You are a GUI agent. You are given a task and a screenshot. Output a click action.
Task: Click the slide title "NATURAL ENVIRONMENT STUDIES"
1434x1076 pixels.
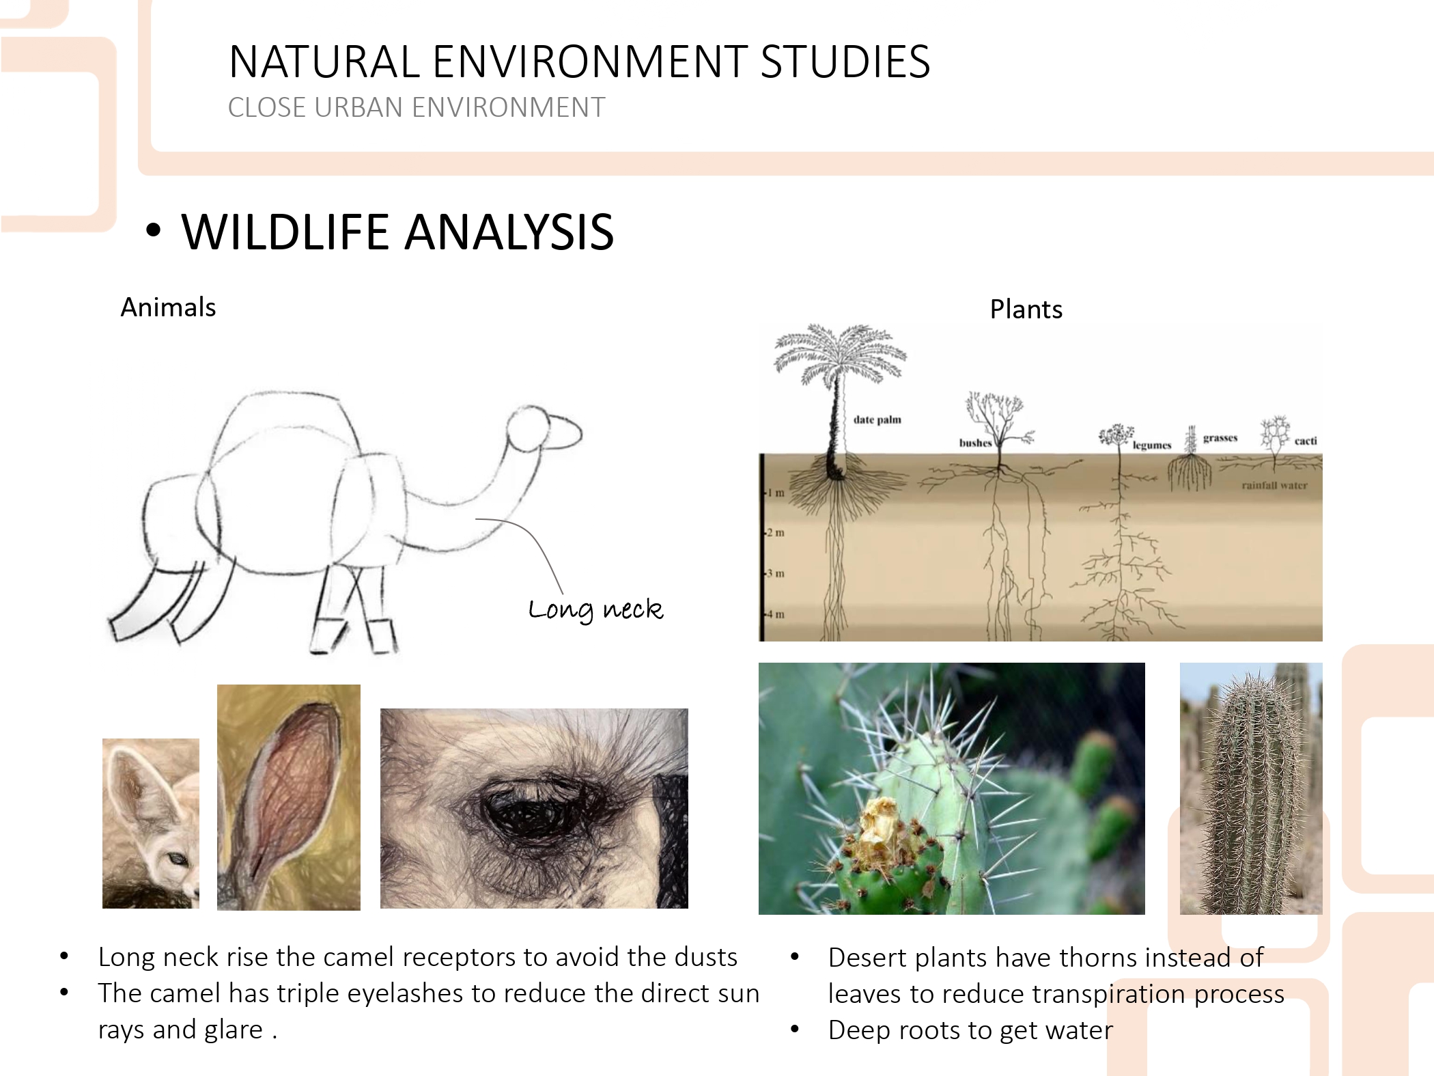pyautogui.click(x=579, y=61)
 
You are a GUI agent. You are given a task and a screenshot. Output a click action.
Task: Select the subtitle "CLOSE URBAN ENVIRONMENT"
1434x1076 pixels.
pyautogui.click(x=417, y=107)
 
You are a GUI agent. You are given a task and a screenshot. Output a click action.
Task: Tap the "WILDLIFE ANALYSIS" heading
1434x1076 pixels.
pyautogui.click(x=397, y=232)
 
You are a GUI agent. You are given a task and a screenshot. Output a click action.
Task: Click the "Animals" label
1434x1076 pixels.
pyautogui.click(x=168, y=307)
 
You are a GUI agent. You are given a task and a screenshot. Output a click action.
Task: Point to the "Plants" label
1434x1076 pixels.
pyautogui.click(x=1026, y=309)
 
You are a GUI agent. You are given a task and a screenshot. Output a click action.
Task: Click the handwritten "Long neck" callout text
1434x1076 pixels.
pyautogui.click(x=595, y=609)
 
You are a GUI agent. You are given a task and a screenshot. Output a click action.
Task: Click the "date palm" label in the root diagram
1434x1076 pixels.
pyautogui.click(x=877, y=419)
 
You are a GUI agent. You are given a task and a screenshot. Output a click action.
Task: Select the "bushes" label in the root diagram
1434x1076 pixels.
pyautogui.click(x=975, y=443)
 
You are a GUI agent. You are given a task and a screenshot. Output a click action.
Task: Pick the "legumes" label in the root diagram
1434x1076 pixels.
pyautogui.click(x=1152, y=445)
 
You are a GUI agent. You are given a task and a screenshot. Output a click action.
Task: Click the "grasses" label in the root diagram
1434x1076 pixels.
pyautogui.click(x=1220, y=438)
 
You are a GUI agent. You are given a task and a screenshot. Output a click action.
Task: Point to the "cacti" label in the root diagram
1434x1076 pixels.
pyautogui.click(x=1306, y=441)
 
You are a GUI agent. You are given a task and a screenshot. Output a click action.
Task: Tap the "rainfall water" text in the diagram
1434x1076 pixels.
pyautogui.click(x=1274, y=485)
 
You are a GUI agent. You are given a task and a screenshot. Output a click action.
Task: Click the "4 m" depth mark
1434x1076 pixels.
pyautogui.click(x=775, y=614)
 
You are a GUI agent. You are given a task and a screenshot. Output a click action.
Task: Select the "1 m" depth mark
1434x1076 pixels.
pyautogui.click(x=775, y=493)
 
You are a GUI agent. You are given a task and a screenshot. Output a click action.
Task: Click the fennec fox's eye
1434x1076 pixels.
pyautogui.click(x=176, y=859)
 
